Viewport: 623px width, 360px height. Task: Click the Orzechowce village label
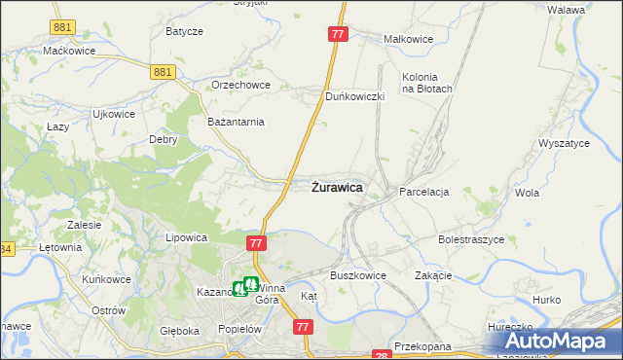[239, 85]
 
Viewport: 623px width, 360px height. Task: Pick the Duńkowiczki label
[355, 97]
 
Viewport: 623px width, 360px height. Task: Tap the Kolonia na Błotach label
[427, 83]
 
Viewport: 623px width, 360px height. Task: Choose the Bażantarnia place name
[237, 122]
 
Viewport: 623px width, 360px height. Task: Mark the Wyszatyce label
[564, 143]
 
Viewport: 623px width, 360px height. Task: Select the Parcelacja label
[423, 192]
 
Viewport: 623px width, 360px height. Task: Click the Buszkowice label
[358, 275]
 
